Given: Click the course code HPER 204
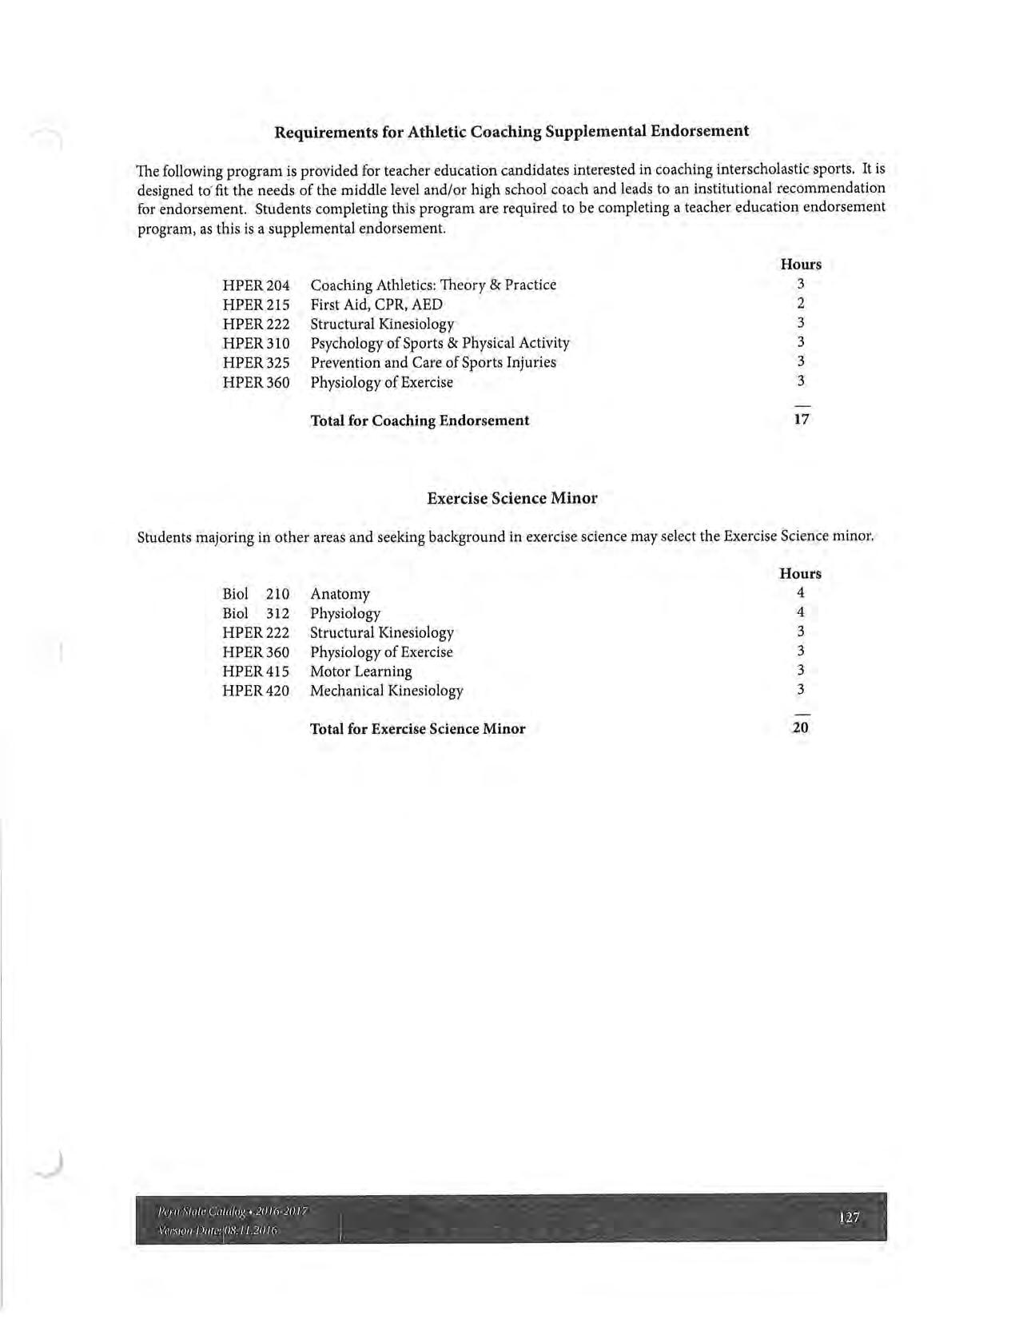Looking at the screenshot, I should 256,285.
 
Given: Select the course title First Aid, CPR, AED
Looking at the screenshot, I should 376,305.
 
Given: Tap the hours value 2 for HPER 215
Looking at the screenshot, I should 800,304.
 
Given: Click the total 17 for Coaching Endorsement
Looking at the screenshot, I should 801,419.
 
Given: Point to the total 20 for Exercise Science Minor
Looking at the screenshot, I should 800,727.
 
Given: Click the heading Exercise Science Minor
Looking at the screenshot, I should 511,498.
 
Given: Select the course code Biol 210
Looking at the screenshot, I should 256,594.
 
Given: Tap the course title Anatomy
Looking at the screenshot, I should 340,594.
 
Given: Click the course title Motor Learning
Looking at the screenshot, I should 360,671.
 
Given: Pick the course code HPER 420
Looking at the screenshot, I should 256,691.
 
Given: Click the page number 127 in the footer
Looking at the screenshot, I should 849,1217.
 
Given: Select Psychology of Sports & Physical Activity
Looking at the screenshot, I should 440,344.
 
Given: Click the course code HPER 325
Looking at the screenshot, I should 256,363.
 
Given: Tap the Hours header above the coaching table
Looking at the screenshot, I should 800,265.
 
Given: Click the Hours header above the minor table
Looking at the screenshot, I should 800,574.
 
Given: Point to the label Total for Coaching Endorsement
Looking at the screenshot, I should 419,420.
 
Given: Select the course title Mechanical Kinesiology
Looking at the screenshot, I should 386,691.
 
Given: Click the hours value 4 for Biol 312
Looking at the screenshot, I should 800,613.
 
